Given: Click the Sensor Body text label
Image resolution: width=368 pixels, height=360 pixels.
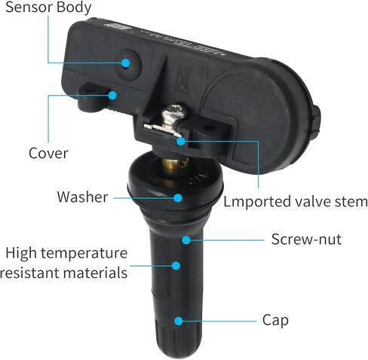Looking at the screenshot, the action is point(48,8).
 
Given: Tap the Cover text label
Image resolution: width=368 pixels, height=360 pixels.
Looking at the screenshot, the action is point(48,153).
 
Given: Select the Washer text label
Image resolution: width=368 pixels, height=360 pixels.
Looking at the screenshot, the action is point(82,197).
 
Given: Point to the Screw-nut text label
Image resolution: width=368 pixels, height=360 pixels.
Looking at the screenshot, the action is point(306,239).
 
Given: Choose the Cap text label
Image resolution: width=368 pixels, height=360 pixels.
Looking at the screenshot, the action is point(275,321).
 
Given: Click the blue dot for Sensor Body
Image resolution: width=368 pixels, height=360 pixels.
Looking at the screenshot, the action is point(126,63).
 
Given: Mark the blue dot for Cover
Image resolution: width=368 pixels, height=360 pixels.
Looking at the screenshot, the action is point(113,96).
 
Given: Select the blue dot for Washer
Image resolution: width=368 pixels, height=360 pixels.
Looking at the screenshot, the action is point(178,198).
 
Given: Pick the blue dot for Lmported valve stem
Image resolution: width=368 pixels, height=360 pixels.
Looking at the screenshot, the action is point(180,141).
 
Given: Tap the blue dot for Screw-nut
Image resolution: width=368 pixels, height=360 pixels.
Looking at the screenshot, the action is point(186,240).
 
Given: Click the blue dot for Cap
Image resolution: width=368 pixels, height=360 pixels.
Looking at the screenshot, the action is point(179,321).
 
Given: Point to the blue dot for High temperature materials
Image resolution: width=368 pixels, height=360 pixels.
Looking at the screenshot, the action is point(176,266).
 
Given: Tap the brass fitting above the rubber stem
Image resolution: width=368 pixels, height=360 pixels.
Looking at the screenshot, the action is point(173,166).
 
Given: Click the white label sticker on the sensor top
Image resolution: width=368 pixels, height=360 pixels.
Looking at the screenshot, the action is point(118,26).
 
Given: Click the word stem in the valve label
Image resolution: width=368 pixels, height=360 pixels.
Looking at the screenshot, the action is point(352,202).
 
